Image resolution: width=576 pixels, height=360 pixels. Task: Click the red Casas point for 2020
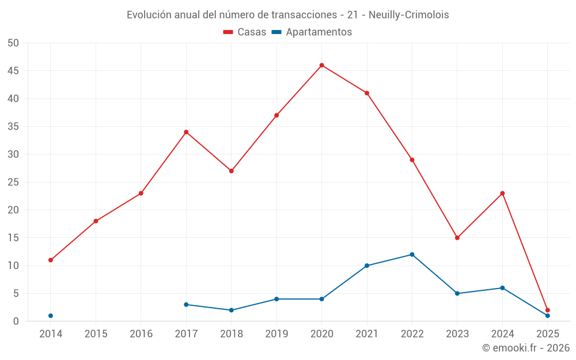coord(321,65)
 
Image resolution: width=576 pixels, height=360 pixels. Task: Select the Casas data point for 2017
coord(186,132)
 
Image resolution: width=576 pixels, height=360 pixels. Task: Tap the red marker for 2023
coord(457,238)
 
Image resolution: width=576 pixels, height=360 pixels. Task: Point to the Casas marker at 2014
coord(51,260)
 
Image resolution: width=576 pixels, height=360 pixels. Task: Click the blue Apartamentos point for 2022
coord(412,255)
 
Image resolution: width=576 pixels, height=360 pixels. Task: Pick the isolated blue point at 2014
coord(51,316)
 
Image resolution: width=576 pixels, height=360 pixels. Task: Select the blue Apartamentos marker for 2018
coord(231,310)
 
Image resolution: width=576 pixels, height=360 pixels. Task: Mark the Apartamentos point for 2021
coord(367,266)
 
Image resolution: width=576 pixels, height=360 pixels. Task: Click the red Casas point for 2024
coord(502,193)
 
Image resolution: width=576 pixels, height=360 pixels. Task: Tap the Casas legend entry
coord(245,32)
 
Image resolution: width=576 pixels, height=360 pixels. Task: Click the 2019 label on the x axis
coord(276,334)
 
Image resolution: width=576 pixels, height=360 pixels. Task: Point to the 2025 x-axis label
coord(547,334)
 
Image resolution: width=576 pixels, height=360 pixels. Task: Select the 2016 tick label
coord(141,334)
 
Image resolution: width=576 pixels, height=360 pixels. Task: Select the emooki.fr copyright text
coord(526,348)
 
